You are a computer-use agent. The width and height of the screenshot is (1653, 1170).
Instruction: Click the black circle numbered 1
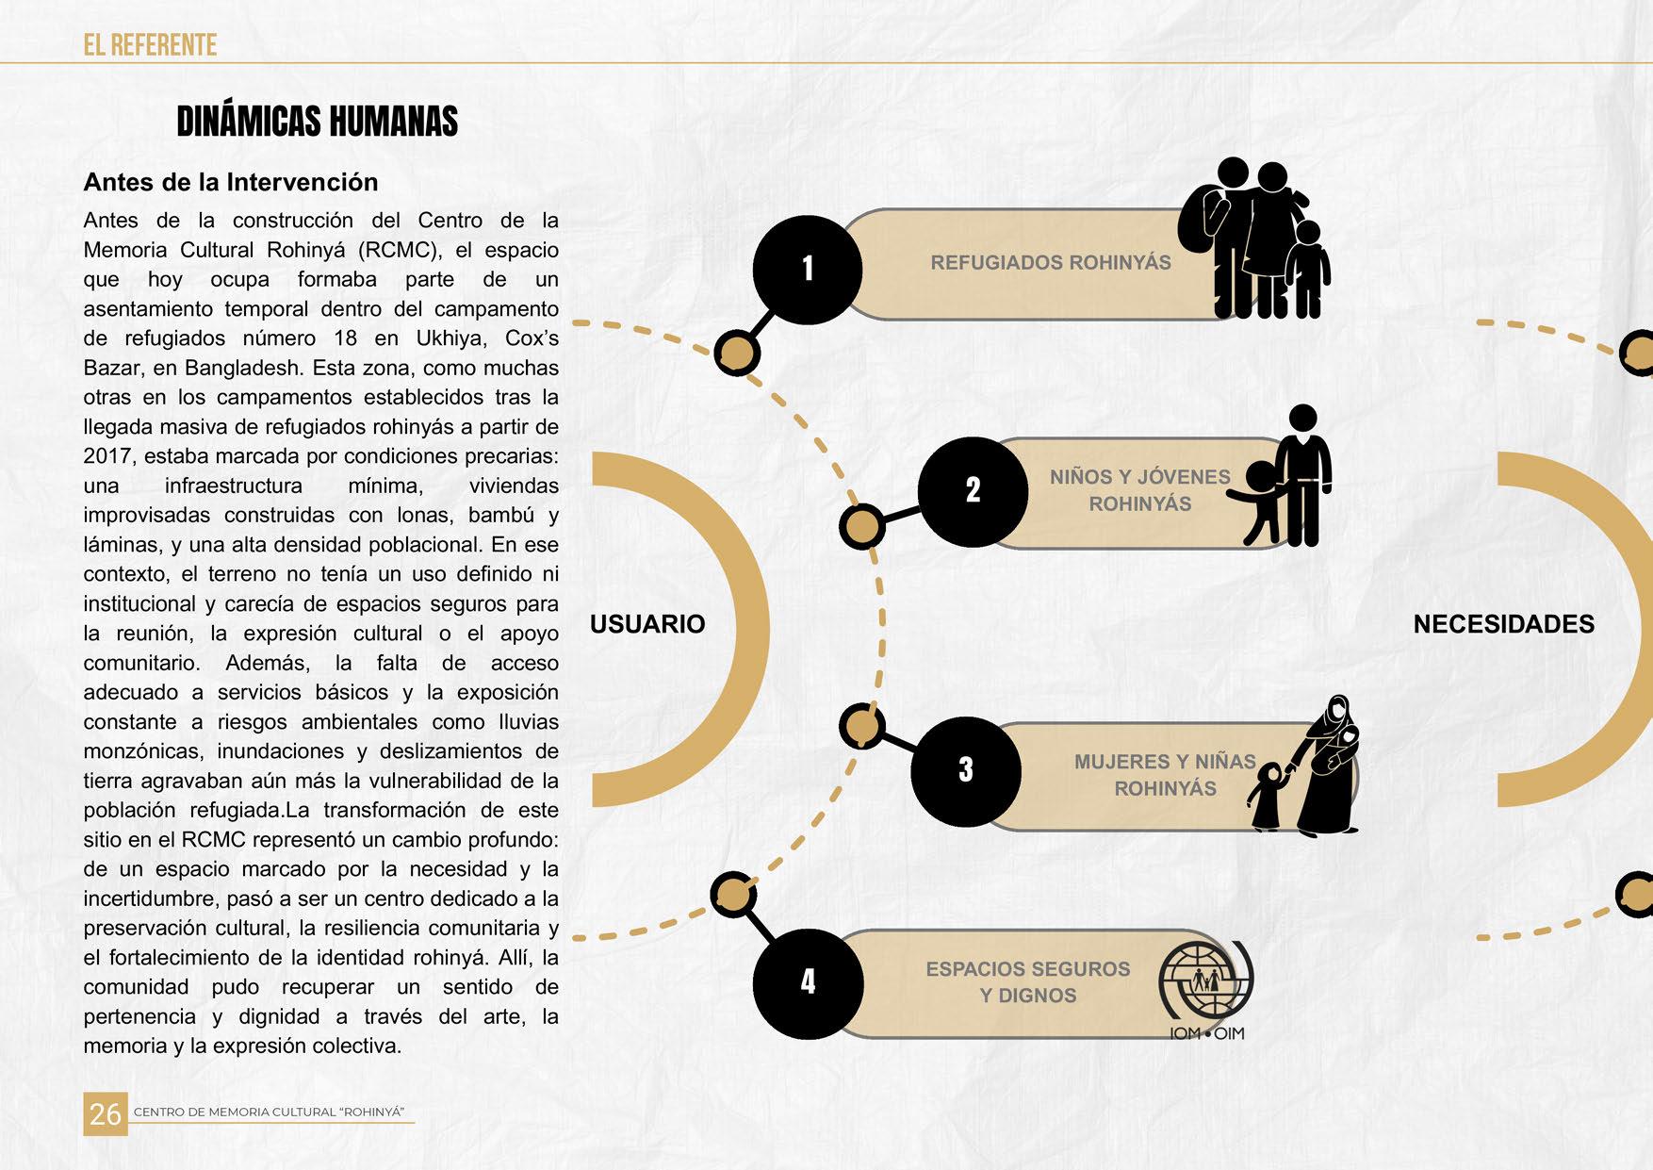tap(808, 270)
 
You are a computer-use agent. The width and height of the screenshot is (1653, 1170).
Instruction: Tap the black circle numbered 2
tap(973, 491)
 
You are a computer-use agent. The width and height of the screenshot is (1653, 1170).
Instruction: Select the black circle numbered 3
tap(966, 770)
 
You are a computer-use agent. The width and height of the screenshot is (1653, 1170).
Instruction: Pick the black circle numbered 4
tap(808, 982)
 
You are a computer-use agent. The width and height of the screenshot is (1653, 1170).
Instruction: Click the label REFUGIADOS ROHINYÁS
tap(1051, 263)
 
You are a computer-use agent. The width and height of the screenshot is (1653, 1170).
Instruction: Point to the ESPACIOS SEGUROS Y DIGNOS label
tap(1027, 982)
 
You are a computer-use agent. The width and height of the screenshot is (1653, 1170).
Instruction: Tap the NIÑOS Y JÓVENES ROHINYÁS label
tap(1140, 490)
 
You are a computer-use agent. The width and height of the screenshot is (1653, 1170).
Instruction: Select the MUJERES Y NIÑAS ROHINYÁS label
tap(1165, 775)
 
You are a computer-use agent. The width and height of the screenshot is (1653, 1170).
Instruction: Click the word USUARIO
tap(647, 624)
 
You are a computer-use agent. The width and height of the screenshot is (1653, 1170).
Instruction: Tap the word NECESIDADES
tap(1503, 624)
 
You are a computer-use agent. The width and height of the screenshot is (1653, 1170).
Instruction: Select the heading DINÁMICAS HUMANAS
tap(318, 123)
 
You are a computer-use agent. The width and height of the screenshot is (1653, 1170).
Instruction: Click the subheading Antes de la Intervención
tap(231, 182)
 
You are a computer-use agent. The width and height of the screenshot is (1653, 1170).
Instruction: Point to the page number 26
tap(105, 1113)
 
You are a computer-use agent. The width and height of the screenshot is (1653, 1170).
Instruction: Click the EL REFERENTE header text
tap(150, 45)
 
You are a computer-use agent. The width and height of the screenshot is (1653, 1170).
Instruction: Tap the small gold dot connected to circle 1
tap(737, 354)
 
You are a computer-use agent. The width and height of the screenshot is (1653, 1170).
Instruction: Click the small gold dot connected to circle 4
tap(732, 895)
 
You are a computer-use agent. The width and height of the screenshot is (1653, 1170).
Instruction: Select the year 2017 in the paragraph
tap(107, 456)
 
